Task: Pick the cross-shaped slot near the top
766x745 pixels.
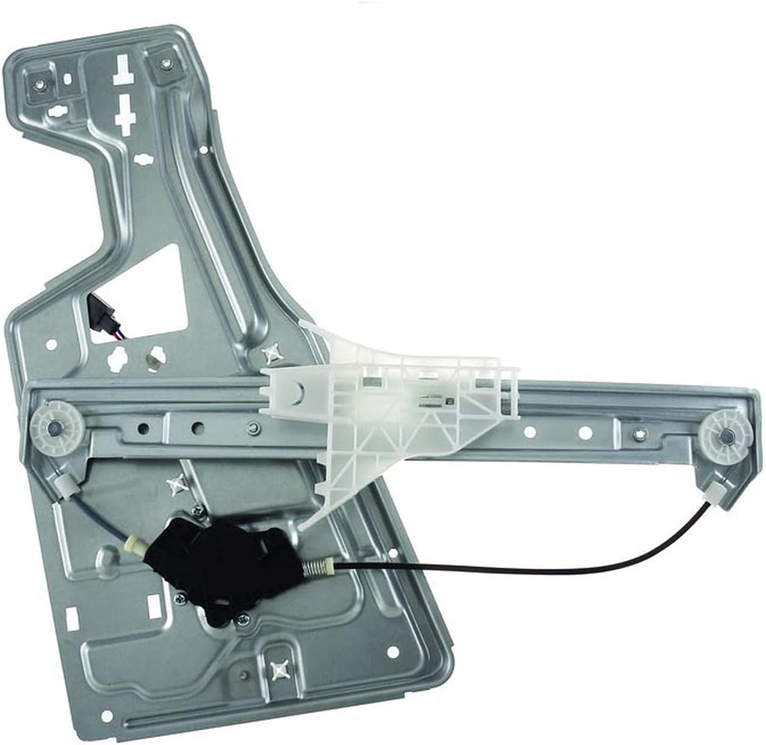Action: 126,114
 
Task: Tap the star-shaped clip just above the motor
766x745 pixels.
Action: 177,483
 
